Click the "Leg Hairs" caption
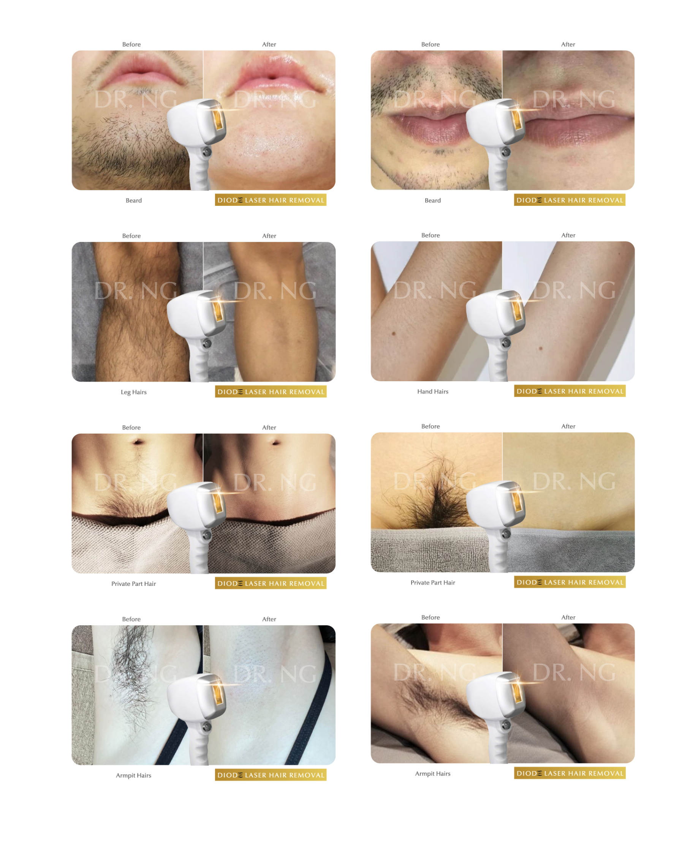coord(134,392)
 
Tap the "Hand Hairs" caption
coord(433,391)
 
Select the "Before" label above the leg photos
coord(131,235)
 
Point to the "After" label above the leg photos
coord(269,235)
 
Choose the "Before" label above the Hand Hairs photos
coord(431,235)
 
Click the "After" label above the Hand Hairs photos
coord(568,235)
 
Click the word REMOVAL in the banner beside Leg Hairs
coord(307,392)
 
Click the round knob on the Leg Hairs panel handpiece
coord(207,343)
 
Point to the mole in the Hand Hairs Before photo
coord(394,333)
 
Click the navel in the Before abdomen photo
coord(138,442)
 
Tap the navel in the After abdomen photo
coord(276,442)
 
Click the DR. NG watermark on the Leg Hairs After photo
coord(275,291)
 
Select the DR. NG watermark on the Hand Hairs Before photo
coord(435,290)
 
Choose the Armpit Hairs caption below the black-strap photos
coord(134,775)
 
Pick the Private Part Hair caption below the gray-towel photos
coord(433,582)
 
